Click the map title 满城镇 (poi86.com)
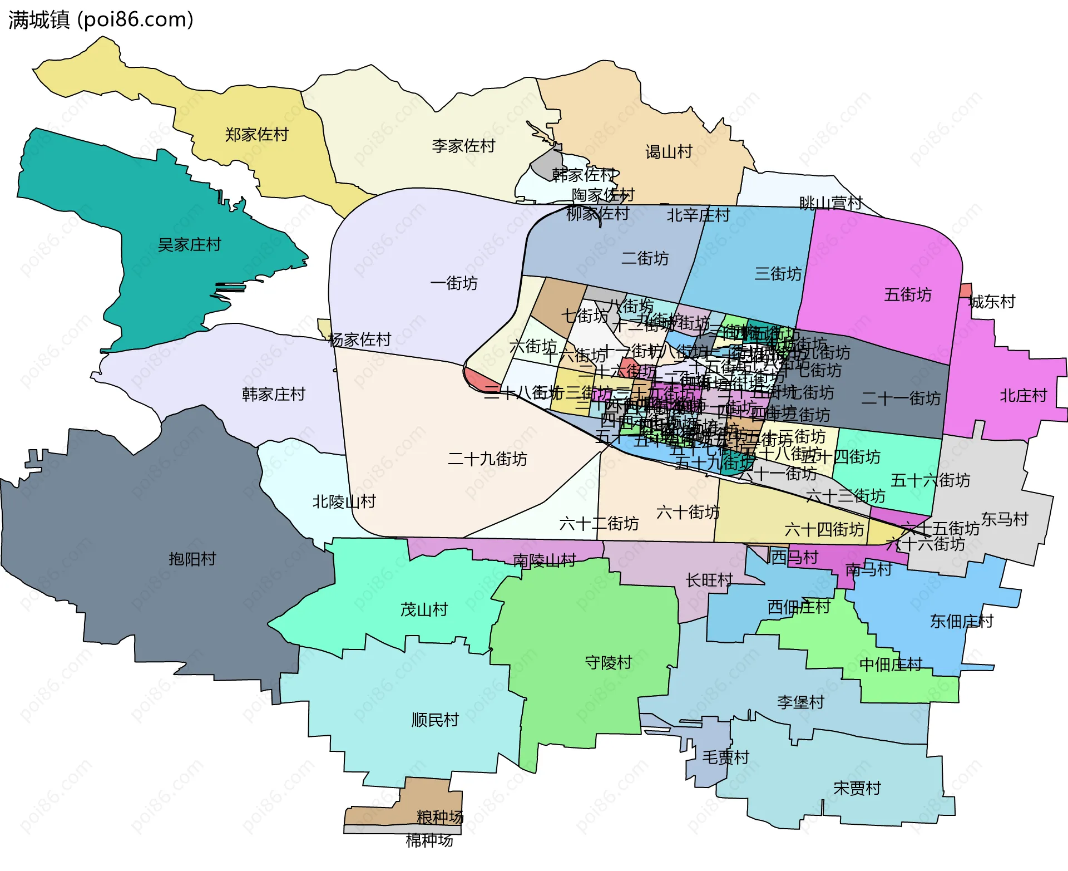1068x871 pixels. pyautogui.click(x=101, y=20)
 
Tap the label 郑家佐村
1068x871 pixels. pyautogui.click(x=256, y=135)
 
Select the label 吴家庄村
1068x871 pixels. pyautogui.click(x=189, y=245)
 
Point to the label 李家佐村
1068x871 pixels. pyautogui.click(x=463, y=146)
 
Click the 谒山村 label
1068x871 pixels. pyautogui.click(x=669, y=152)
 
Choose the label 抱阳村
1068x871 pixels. pyautogui.click(x=192, y=559)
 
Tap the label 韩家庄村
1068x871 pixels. pyautogui.click(x=274, y=395)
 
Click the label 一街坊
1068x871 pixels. pyautogui.click(x=454, y=283)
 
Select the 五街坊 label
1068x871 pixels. pyautogui.click(x=908, y=294)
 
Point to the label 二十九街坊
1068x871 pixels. pyautogui.click(x=487, y=459)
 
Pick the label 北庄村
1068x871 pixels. pyautogui.click(x=1023, y=396)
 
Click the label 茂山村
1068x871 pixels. pyautogui.click(x=424, y=610)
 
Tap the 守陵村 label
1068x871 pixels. pyautogui.click(x=609, y=663)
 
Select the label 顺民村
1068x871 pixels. pyautogui.click(x=435, y=720)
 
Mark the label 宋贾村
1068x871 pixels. pyautogui.click(x=857, y=789)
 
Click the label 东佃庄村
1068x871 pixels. pyautogui.click(x=962, y=622)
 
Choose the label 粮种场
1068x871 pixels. pyautogui.click(x=440, y=817)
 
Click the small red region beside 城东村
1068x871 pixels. pyautogui.click(x=966, y=291)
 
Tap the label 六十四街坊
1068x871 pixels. pyautogui.click(x=824, y=530)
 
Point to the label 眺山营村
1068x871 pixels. pyautogui.click(x=830, y=204)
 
